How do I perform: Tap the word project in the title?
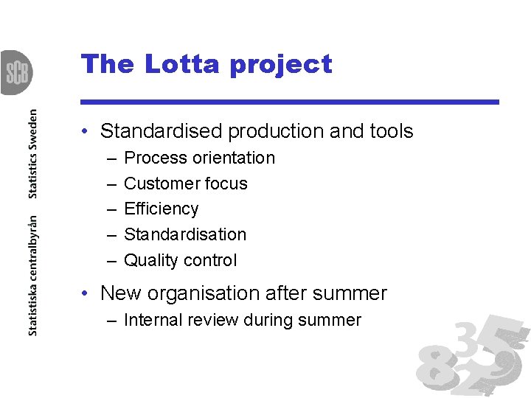(x=281, y=66)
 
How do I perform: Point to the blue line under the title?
(x=290, y=102)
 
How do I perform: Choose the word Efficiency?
(x=161, y=209)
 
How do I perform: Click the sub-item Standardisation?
(x=185, y=234)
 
